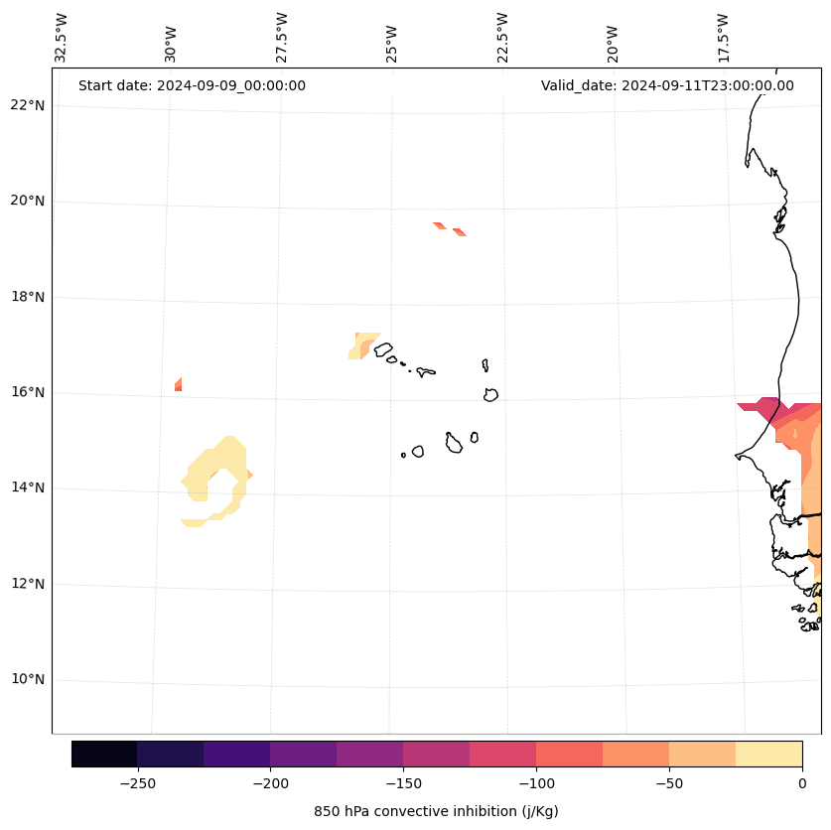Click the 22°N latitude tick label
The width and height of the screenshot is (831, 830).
(27, 105)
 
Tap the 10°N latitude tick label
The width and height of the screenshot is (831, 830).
(27, 680)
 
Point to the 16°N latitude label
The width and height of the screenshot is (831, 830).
(27, 392)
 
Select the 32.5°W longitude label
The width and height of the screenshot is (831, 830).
(62, 38)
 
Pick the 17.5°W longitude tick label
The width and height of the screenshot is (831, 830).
(723, 38)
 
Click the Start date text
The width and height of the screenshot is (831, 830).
(192, 85)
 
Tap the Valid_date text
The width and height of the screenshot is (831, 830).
(667, 85)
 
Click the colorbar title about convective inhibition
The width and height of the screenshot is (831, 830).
(436, 811)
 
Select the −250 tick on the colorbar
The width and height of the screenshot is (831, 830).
(137, 783)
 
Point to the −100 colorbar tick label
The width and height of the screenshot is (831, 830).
(536, 783)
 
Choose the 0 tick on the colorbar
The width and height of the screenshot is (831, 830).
(802, 783)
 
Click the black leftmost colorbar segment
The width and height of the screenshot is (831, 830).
(104, 754)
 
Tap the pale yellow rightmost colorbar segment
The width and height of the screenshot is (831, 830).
(768, 754)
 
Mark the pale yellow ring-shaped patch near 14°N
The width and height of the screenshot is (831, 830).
(203, 467)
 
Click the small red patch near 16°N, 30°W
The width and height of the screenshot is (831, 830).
(178, 384)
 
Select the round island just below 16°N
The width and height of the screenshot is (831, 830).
(490, 395)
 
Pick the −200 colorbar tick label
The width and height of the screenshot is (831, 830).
(270, 783)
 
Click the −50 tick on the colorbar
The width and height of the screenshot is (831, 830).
(669, 783)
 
